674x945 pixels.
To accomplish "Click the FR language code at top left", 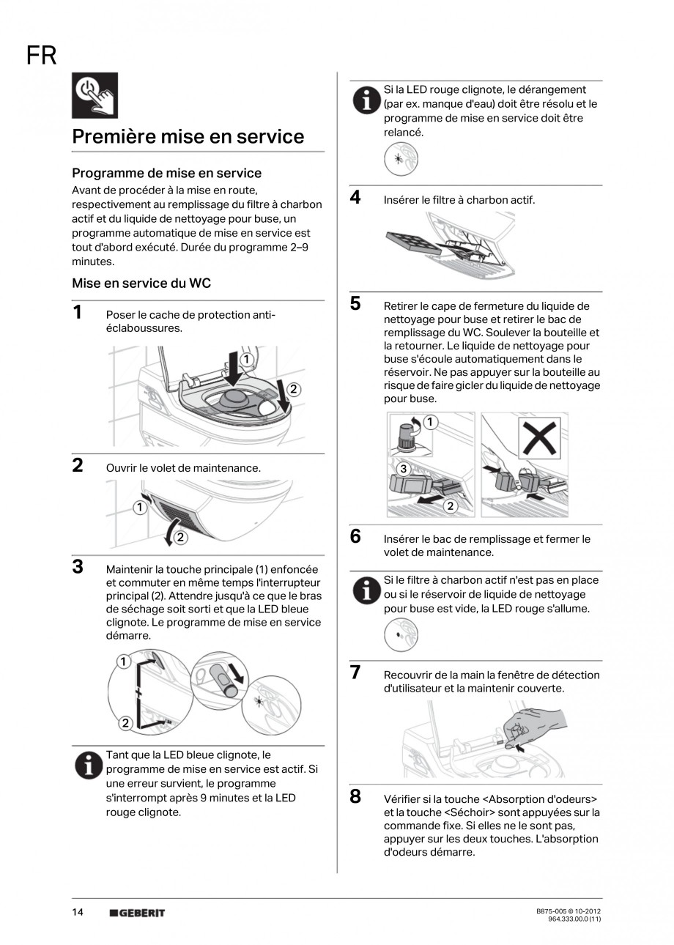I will click(41, 55).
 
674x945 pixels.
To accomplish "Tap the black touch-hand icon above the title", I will click(95, 96).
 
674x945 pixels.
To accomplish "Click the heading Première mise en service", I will click(188, 137).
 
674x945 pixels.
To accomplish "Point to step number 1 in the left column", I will click(78, 313).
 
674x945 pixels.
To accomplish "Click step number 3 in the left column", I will click(78, 567).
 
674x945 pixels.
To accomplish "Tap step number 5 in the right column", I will click(355, 304).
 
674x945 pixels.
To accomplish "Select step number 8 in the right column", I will click(355, 796).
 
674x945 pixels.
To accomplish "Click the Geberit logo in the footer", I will click(137, 913).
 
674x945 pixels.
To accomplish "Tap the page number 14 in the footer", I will click(78, 912).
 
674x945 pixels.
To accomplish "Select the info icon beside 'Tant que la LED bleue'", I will click(89, 765).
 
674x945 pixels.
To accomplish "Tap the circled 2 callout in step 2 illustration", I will click(180, 538).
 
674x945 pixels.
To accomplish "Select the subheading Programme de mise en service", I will click(166, 173).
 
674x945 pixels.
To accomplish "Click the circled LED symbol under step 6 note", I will click(401, 634).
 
